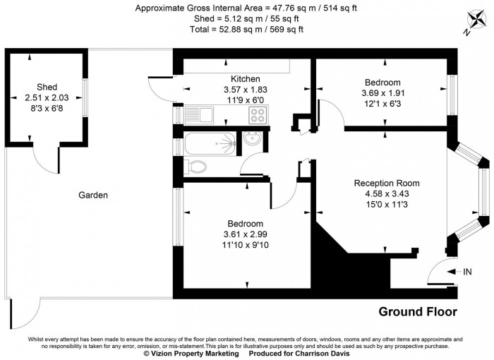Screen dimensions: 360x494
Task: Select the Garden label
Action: (93, 195)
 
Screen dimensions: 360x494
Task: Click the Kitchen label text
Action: (246, 78)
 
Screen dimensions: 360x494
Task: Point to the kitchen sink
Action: (200, 114)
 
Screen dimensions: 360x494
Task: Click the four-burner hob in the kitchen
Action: (257, 114)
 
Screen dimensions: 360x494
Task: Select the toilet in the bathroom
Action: (195, 167)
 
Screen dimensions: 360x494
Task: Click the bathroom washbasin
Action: (253, 141)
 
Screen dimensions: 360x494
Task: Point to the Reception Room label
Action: (387, 183)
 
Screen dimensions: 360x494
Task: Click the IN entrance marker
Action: (466, 271)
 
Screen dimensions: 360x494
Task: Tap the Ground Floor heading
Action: (418, 311)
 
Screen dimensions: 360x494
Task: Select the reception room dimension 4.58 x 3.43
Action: (387, 194)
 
